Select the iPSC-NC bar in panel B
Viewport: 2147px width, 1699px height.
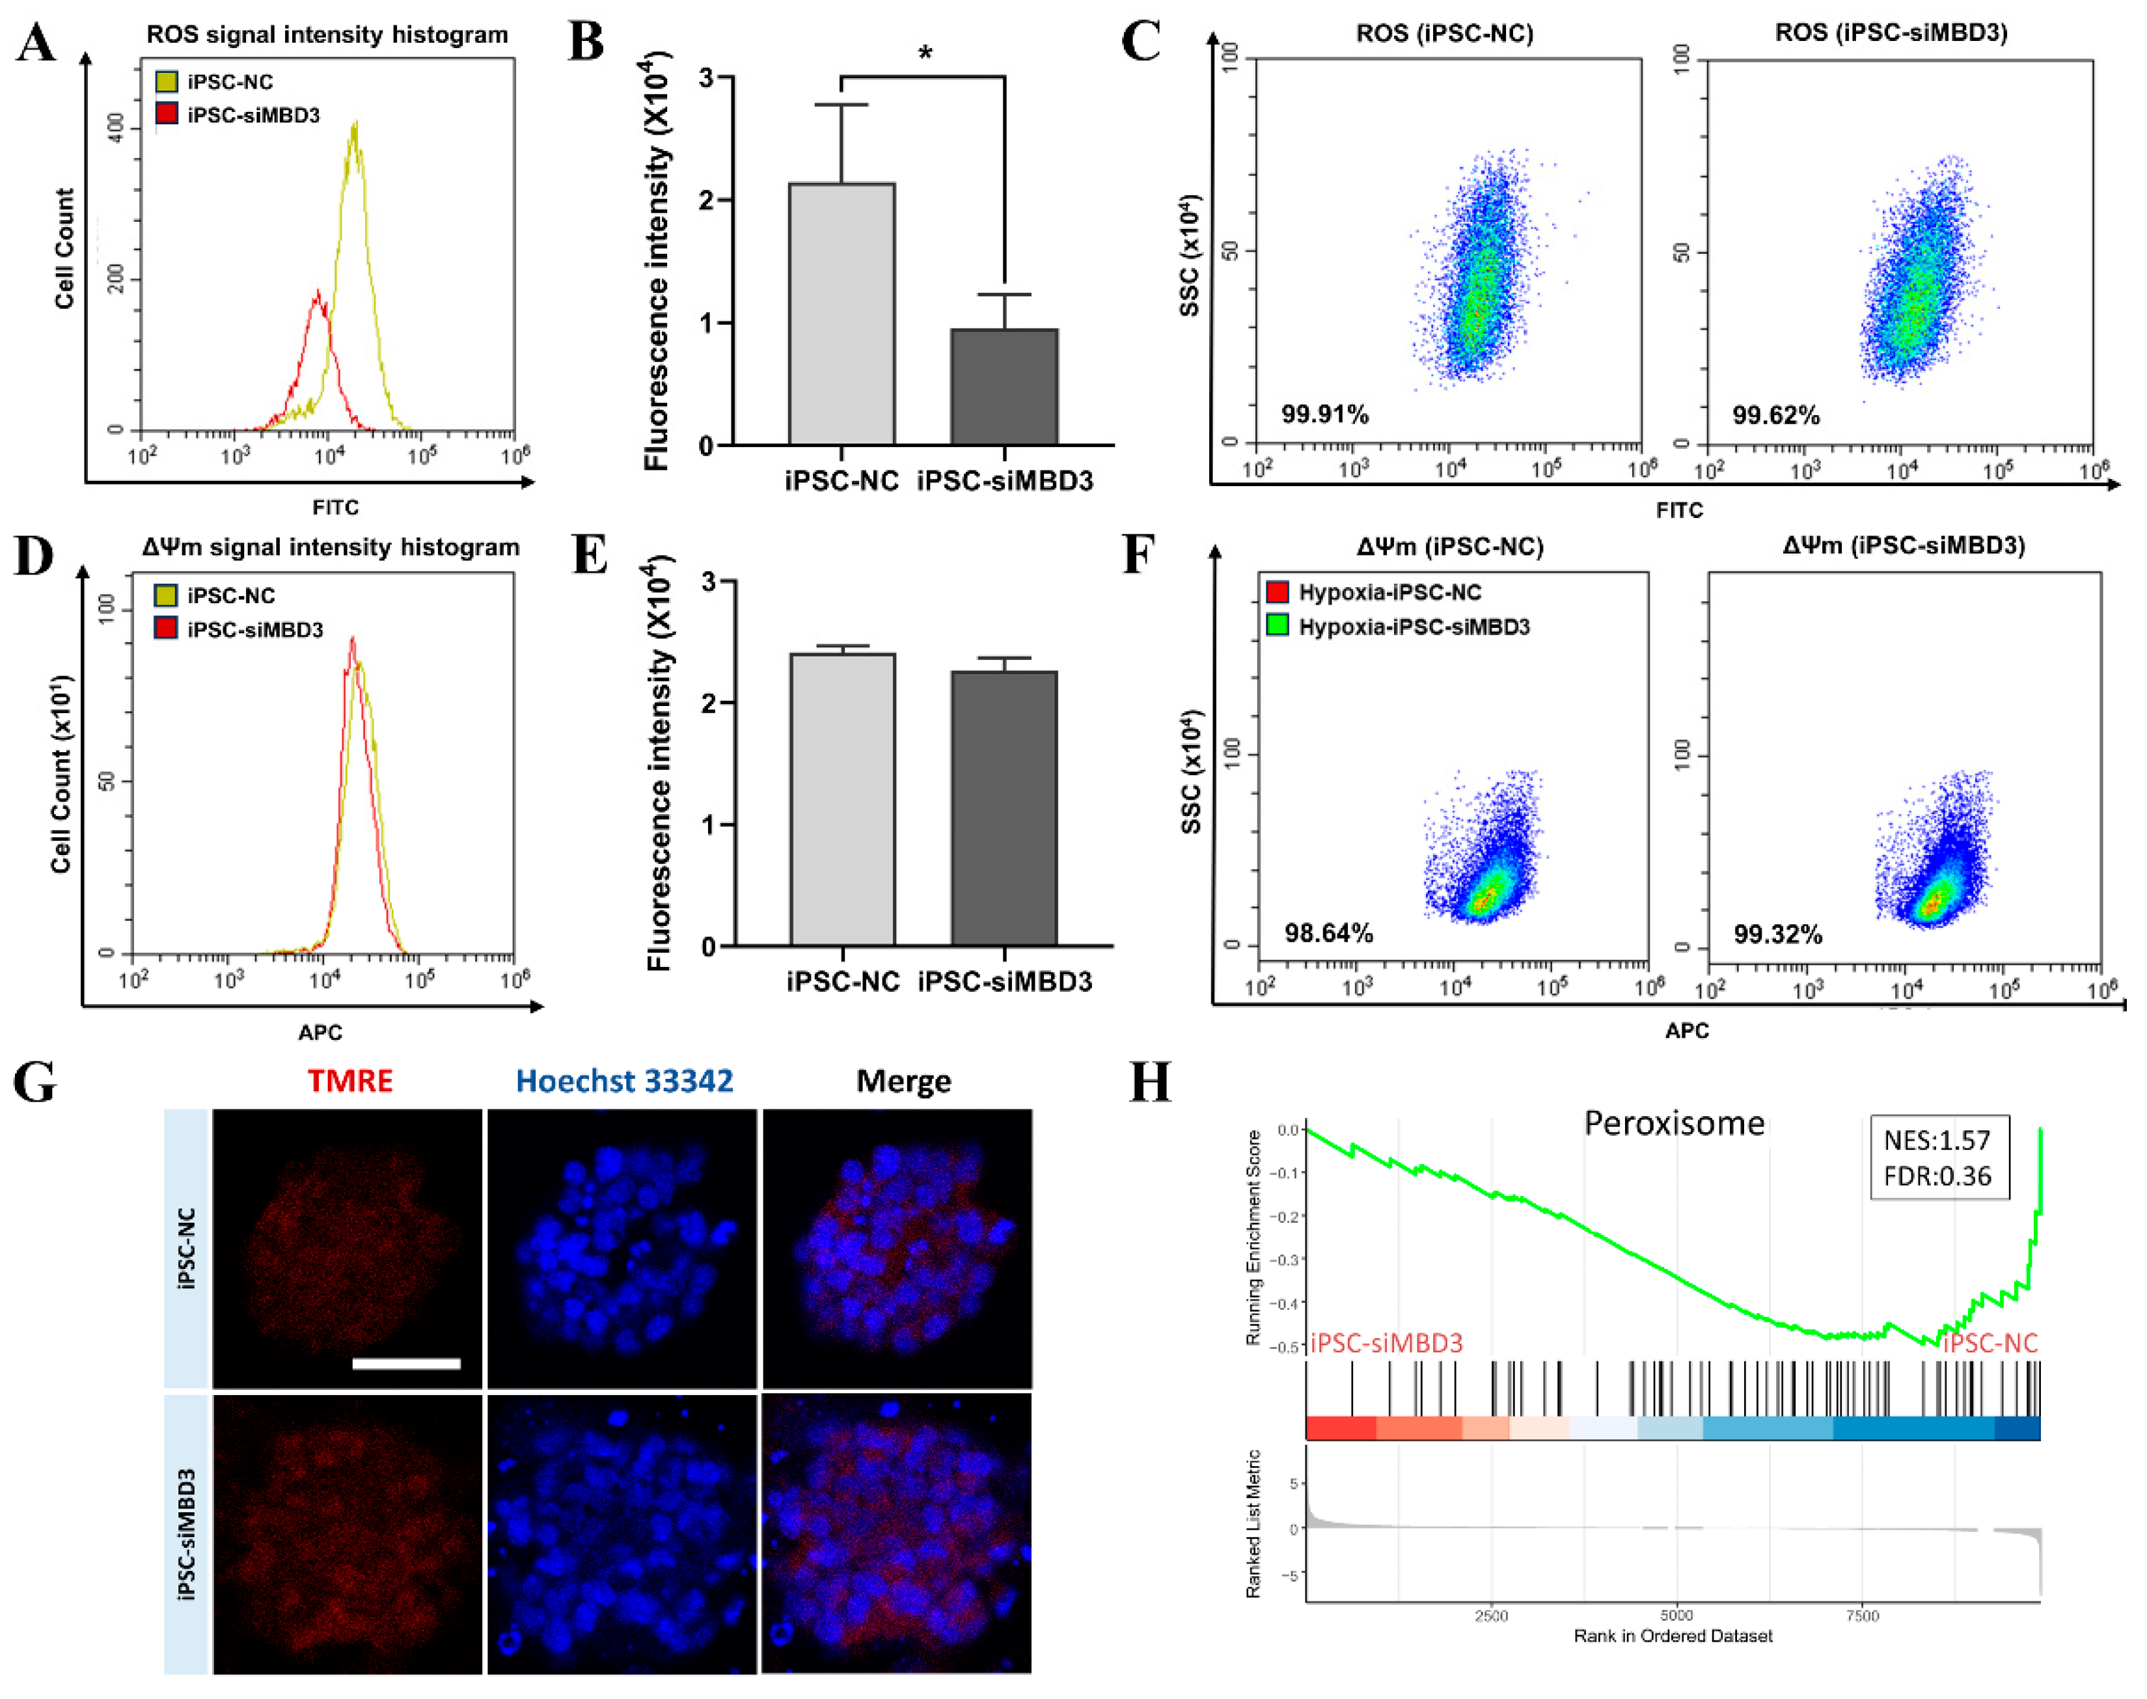click(841, 314)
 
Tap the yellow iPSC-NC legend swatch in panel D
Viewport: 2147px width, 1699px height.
click(165, 595)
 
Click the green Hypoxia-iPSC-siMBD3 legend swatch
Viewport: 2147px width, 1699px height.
click(1278, 626)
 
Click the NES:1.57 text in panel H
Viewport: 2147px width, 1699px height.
click(1936, 1140)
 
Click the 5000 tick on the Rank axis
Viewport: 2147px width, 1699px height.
click(1676, 1616)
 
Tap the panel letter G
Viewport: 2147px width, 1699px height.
click(35, 1082)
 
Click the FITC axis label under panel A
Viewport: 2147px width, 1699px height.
click(335, 508)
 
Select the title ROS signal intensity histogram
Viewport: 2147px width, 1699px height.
click(327, 35)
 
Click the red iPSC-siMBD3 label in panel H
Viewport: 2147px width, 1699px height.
click(1386, 1343)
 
